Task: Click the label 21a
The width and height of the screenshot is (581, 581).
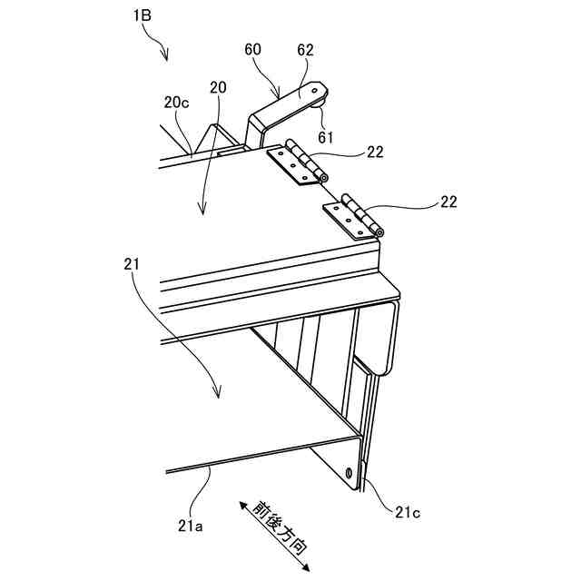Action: coord(190,526)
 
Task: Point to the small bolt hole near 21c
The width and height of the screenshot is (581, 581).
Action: coord(351,473)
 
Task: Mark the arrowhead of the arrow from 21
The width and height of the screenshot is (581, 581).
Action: coord(218,397)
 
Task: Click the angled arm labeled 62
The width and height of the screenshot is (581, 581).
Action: coord(286,107)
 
